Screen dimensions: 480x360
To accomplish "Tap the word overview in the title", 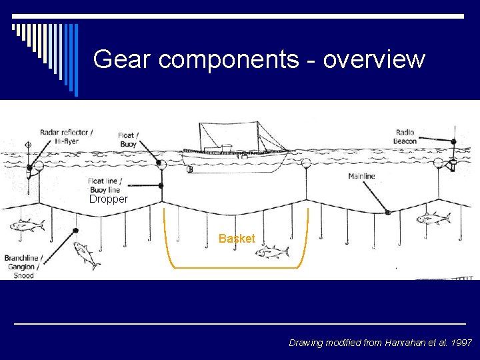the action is tap(374, 59).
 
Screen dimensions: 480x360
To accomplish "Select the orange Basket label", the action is tap(237, 239).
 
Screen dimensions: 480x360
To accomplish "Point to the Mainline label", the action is tap(361, 176).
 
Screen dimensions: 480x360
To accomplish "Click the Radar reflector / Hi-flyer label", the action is tap(66, 136).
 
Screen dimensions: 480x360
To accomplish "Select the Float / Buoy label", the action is tap(128, 140).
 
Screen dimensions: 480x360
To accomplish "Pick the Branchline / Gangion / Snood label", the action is tap(23, 266).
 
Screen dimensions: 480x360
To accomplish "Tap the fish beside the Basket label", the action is tap(273, 251).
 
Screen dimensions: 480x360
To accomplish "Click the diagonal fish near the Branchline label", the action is tap(87, 255).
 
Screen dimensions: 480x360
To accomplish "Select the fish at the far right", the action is tap(433, 217).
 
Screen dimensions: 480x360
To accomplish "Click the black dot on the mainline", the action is tap(387, 213).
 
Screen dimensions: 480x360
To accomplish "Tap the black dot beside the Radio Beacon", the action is tap(453, 141).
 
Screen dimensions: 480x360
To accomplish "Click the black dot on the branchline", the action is tap(75, 231).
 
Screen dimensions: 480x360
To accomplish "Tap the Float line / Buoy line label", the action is tap(105, 185).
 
